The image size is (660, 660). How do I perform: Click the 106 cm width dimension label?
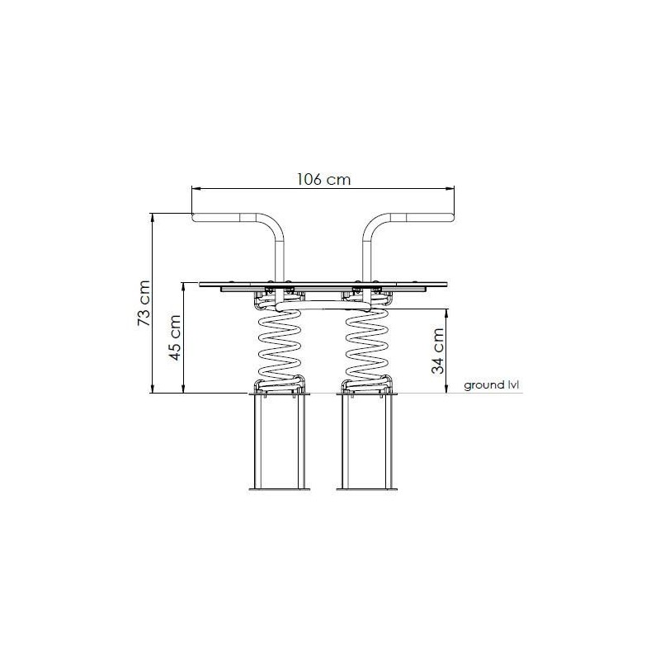(323, 179)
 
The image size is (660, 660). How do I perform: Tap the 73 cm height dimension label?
(144, 303)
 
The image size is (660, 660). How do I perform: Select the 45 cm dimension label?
(175, 337)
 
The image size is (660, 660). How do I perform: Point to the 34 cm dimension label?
(438, 351)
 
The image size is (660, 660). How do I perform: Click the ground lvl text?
(491, 385)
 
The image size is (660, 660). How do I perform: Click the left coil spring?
(280, 345)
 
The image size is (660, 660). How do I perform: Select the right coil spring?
(367, 345)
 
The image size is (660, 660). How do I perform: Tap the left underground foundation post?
(280, 442)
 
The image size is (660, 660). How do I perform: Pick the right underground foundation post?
(366, 442)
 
